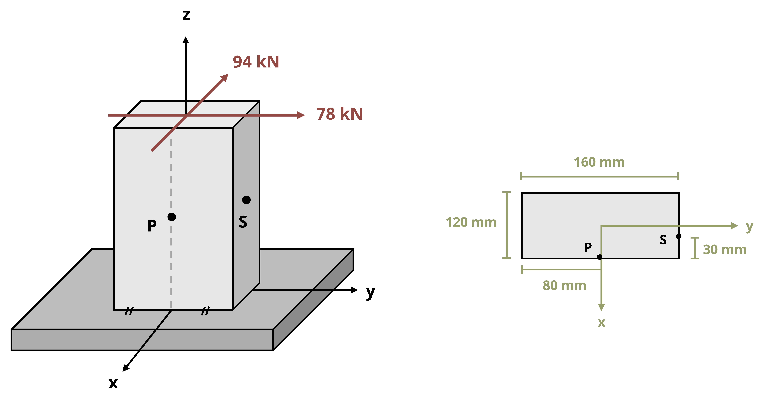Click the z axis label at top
pyautogui.click(x=186, y=15)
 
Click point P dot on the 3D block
pyautogui.click(x=172, y=217)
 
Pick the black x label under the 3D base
pyautogui.click(x=113, y=383)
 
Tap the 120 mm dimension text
pyautogui.click(x=471, y=222)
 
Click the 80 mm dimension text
pyautogui.click(x=564, y=285)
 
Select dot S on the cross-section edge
pyautogui.click(x=679, y=236)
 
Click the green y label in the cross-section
pyautogui.click(x=749, y=227)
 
